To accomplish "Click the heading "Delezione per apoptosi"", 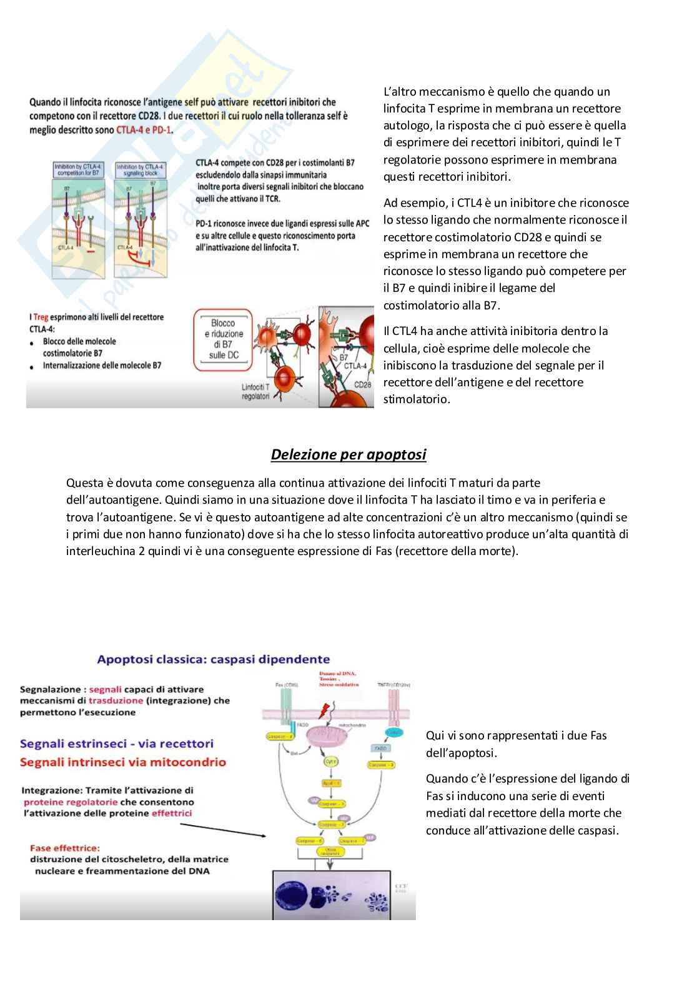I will point(348,454).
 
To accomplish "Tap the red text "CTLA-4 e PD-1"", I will point(144,130).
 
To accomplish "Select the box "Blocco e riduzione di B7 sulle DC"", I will point(223,339).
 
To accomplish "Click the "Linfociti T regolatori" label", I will point(255,392).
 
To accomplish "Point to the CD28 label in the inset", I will point(362,384).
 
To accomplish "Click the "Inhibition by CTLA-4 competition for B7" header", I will point(78,169).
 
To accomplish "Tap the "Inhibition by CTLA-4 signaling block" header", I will point(140,169).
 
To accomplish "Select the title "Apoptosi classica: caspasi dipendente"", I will point(213,659).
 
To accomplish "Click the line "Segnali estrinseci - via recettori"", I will point(117,743).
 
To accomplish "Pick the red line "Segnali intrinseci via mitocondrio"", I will point(123,762).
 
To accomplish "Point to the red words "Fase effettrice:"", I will point(65,848).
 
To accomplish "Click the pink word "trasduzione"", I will point(116,701).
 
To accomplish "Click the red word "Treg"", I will point(41,317).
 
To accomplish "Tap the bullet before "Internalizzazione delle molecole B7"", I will point(32,367).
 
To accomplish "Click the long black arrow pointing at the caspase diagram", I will point(225,829).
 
